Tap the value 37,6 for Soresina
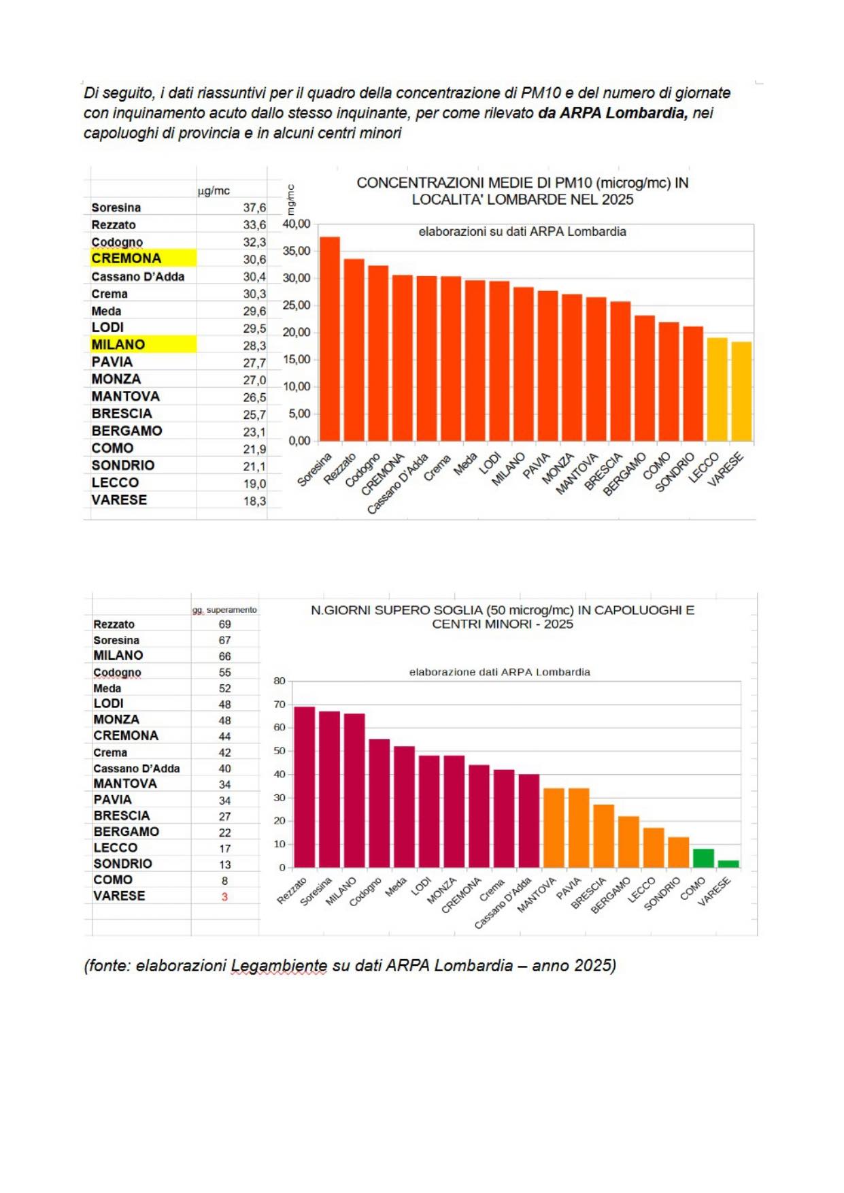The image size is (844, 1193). (x=254, y=207)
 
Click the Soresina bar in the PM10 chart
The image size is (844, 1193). (x=330, y=340)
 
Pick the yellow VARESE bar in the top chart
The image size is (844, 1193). (x=741, y=392)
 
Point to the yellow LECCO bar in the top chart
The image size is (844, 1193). (x=717, y=390)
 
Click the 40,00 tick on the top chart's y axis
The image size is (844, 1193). (x=297, y=224)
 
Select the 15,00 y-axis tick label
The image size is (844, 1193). (x=297, y=359)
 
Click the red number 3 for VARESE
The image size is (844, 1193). (x=224, y=896)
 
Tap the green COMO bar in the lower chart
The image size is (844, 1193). (x=703, y=858)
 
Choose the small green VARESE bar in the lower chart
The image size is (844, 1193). (x=728, y=864)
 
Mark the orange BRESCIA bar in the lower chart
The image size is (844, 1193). (x=604, y=836)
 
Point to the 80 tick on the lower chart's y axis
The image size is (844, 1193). (x=280, y=680)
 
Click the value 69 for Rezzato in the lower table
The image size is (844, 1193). (x=224, y=624)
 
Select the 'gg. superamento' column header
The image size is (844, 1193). (x=224, y=609)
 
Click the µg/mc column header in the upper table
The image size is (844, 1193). (x=214, y=191)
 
